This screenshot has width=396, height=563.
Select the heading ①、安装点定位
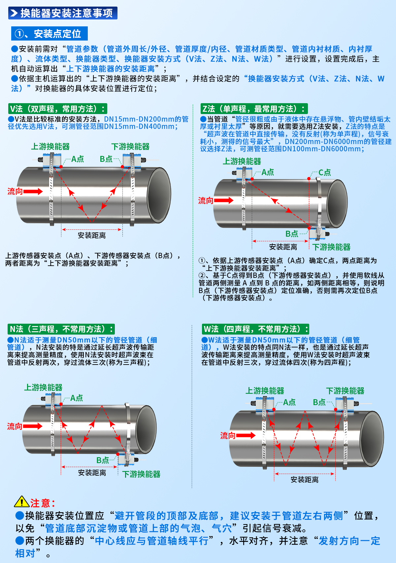[49, 34]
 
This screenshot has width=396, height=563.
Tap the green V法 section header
[57, 109]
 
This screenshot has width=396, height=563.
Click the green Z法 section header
[254, 109]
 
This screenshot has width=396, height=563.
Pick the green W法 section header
[255, 329]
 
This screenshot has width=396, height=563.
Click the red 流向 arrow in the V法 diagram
[33, 192]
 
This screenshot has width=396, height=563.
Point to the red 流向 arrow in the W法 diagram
[246, 435]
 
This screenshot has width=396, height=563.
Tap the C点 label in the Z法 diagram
[324, 172]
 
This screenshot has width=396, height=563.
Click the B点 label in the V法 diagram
[106, 159]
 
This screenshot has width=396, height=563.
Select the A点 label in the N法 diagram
[77, 398]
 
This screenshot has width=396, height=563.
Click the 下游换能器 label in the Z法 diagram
[331, 247]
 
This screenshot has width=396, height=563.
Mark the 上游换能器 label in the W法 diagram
[265, 391]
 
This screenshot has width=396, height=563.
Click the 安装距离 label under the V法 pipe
[92, 235]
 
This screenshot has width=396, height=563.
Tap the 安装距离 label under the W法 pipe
[304, 480]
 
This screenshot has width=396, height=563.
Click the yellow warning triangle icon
[22, 502]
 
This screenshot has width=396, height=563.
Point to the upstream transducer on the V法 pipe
[52, 160]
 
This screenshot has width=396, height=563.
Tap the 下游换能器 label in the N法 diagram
[141, 474]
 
